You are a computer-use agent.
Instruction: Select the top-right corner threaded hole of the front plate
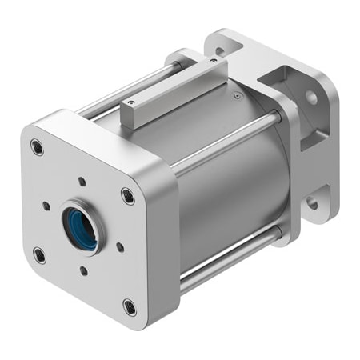128,194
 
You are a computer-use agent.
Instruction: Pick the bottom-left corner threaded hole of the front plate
38,256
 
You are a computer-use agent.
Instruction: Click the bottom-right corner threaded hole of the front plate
130,306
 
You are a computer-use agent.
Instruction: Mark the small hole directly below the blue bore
84,270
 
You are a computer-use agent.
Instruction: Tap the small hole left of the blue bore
46,206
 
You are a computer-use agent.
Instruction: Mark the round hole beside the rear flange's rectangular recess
310,98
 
